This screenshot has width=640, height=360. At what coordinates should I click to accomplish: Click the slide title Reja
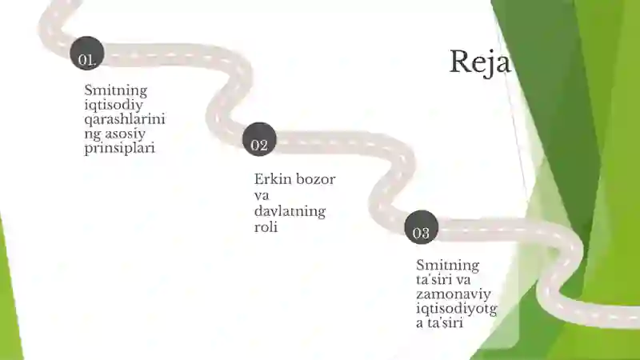tap(480, 62)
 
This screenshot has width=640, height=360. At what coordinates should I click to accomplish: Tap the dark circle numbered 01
tap(87, 54)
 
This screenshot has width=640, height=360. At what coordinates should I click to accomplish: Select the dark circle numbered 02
tap(259, 139)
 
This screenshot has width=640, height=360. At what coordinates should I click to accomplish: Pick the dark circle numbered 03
tap(422, 227)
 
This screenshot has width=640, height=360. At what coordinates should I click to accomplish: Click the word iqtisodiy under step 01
tap(114, 106)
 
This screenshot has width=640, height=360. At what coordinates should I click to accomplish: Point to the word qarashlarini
tap(125, 119)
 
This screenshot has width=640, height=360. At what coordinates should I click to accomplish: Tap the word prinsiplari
tap(119, 148)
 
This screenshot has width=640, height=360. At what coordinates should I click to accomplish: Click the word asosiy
tap(126, 134)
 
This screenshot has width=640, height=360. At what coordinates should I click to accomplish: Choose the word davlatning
tap(290, 211)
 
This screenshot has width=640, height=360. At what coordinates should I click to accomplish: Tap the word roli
tap(266, 227)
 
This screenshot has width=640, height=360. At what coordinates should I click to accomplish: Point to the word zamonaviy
tap(454, 294)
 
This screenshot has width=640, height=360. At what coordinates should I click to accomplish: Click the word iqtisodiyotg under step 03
tap(457, 309)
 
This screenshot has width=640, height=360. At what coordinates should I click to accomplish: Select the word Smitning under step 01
tap(115, 90)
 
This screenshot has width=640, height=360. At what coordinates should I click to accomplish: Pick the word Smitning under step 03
tap(447, 266)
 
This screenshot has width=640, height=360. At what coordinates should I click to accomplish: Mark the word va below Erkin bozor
tap(262, 195)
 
